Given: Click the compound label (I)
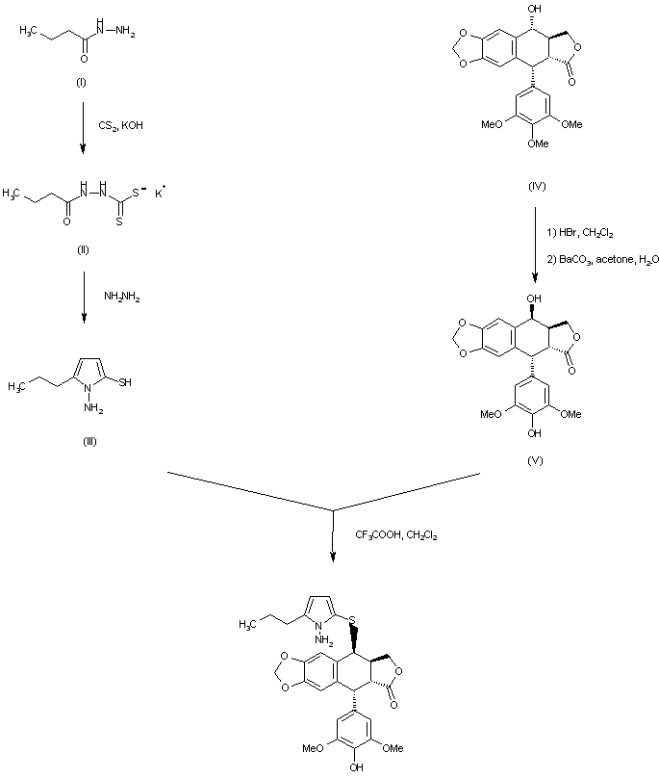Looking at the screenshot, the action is tap(81, 83).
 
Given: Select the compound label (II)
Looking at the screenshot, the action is tap(83, 250).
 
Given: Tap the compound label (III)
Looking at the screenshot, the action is tap(89, 441).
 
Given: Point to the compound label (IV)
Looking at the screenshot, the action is tap(537, 186).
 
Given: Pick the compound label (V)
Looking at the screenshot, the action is tap(535, 460).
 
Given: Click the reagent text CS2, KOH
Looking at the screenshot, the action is tap(120, 125).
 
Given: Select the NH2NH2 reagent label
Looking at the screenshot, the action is tap(121, 298).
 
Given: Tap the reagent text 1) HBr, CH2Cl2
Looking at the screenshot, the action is tap(579, 232).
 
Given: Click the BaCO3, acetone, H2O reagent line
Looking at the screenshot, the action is tap(602, 259).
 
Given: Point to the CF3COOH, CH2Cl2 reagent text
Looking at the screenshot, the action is tap(396, 535).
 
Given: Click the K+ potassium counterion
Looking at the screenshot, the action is tap(160, 194).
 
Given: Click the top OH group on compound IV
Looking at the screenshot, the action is tap(535, 9).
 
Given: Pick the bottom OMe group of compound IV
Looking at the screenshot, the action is tap(538, 143).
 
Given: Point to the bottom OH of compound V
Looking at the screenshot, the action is tap(534, 433).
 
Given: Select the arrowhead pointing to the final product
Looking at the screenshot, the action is tap(333, 557).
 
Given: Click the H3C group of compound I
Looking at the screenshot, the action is tap(28, 31).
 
